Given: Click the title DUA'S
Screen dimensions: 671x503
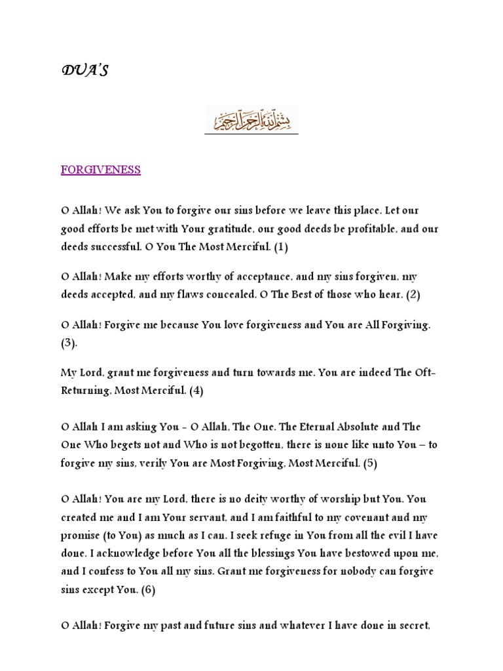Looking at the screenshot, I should pyautogui.click(x=84, y=71).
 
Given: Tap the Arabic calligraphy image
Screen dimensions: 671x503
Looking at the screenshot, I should pyautogui.click(x=251, y=121).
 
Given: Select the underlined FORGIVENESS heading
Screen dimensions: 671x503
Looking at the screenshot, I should pyautogui.click(x=101, y=170).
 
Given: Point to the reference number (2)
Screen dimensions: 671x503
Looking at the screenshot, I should pyautogui.click(x=412, y=294).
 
